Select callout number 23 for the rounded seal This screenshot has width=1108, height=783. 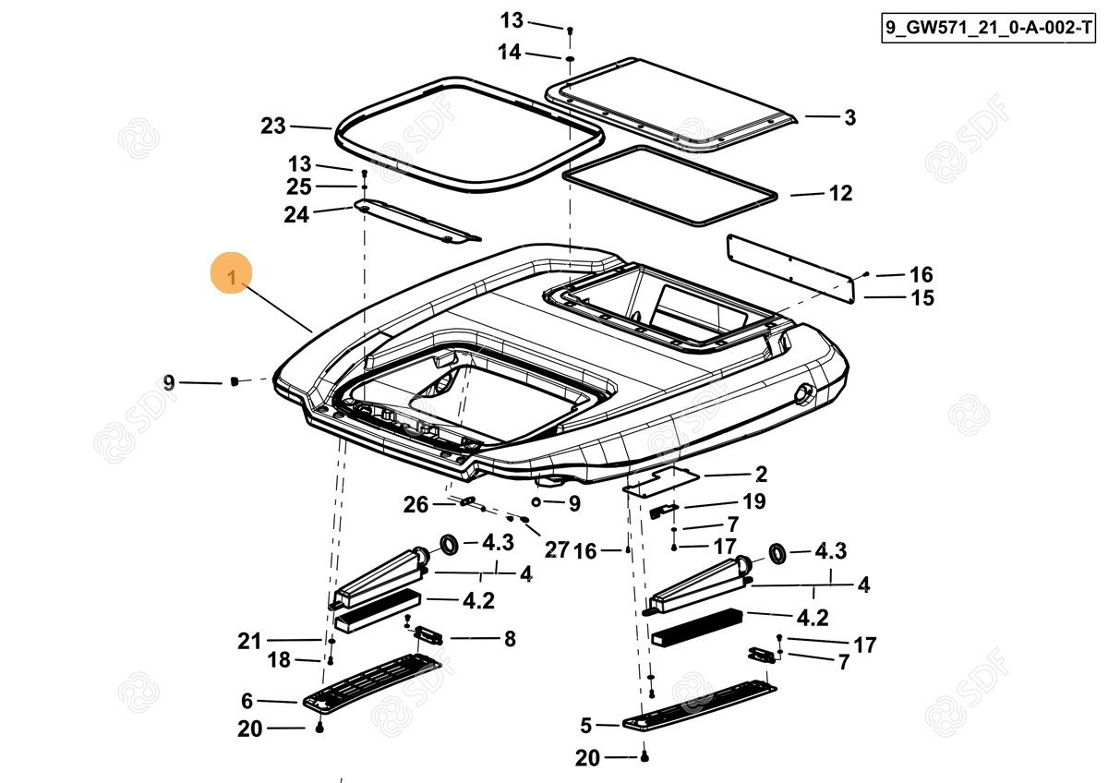pyautogui.click(x=273, y=126)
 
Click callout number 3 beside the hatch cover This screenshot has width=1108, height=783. pyautogui.click(x=849, y=117)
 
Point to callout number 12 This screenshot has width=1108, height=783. pyautogui.click(x=840, y=194)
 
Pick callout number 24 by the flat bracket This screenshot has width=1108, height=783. pyautogui.click(x=296, y=214)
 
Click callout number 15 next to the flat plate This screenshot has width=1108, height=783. pyautogui.click(x=921, y=297)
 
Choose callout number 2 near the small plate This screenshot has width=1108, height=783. pyautogui.click(x=761, y=475)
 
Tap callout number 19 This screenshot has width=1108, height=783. pyautogui.click(x=754, y=502)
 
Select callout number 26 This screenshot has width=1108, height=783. pyautogui.click(x=416, y=504)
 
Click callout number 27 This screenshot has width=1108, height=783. pyautogui.click(x=557, y=550)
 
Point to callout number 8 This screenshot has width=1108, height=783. pyautogui.click(x=510, y=638)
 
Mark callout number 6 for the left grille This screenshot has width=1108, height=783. pyautogui.click(x=247, y=701)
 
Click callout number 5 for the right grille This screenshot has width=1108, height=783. pyautogui.click(x=585, y=725)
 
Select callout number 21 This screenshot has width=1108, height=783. pyautogui.click(x=250, y=641)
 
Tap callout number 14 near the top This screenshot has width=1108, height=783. pyautogui.click(x=510, y=53)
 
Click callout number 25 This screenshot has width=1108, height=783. pyautogui.click(x=299, y=187)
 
